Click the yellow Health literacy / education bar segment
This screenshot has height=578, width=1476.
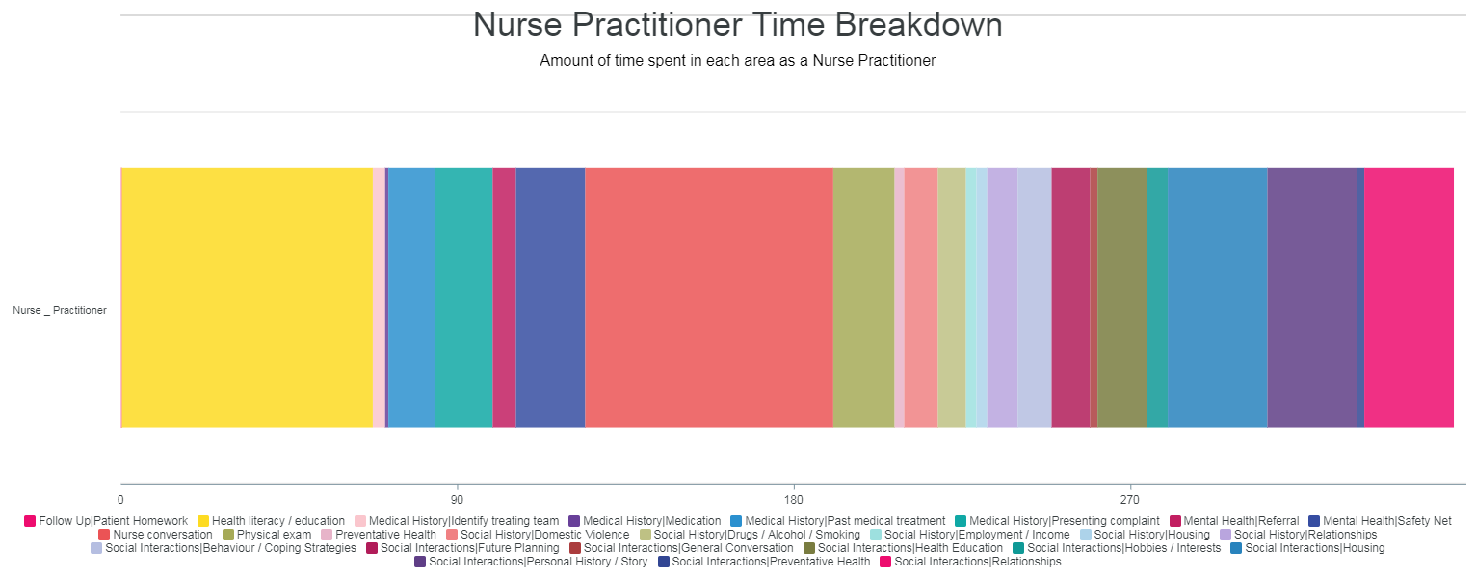click(247, 298)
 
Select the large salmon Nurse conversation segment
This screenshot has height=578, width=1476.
click(709, 298)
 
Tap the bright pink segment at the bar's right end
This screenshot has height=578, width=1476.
click(1409, 298)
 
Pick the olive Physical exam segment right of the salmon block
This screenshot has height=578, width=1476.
click(864, 298)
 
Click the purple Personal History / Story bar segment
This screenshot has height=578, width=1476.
click(1312, 298)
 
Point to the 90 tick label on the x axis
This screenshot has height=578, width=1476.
click(457, 500)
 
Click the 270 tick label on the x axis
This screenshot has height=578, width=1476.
click(1129, 500)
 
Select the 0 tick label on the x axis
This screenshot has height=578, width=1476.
click(120, 500)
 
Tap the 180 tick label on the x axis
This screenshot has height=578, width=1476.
click(793, 500)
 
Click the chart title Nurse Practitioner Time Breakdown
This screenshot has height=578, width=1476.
click(737, 25)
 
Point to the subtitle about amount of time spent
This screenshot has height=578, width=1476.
click(737, 61)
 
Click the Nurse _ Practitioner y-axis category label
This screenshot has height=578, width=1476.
click(60, 310)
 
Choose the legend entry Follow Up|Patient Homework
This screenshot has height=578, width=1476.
click(106, 521)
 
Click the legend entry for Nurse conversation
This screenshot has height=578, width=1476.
click(155, 535)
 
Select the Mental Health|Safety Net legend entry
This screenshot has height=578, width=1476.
click(1380, 521)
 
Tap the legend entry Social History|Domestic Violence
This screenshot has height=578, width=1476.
click(538, 535)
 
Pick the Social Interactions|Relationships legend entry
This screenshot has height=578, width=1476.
click(970, 562)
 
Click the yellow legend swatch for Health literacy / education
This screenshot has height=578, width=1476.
click(203, 521)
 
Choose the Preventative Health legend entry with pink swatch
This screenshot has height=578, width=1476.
click(379, 535)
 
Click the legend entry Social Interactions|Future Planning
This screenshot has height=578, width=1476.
click(462, 548)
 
